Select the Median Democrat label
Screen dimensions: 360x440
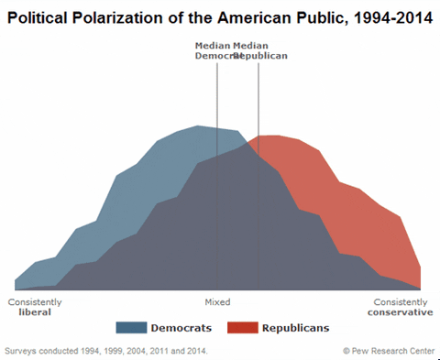click(x=213, y=50)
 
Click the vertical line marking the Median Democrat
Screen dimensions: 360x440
click(x=217, y=183)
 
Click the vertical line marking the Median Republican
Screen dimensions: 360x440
click(x=258, y=183)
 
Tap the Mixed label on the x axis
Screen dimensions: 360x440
click(x=217, y=301)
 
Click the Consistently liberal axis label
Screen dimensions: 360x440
click(x=35, y=306)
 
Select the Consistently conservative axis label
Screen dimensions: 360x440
click(x=401, y=306)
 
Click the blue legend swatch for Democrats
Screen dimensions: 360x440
click(x=132, y=328)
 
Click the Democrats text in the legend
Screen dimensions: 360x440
click(x=181, y=328)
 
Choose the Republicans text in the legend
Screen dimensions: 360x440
click(x=295, y=328)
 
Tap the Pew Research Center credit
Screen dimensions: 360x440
click(x=389, y=350)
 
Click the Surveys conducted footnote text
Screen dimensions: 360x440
click(x=106, y=350)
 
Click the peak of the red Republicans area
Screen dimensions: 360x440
click(x=269, y=136)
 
